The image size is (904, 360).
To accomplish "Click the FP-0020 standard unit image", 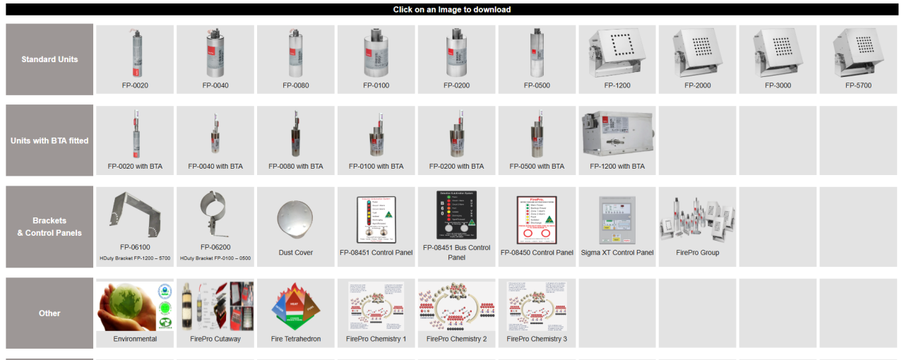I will [134, 53].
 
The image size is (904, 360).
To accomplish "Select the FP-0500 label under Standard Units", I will [537, 85].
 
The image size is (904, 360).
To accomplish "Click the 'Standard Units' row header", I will [49, 59].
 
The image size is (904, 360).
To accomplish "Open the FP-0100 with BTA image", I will [376, 134].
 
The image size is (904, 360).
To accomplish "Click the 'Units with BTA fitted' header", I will [49, 140].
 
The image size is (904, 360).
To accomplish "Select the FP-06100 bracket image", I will [134, 214].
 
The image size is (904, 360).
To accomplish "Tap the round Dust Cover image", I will [295, 220].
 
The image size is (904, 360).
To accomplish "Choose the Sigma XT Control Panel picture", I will [617, 219].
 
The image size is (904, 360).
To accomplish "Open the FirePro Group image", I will [697, 219].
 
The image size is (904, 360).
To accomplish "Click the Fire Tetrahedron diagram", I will [295, 306].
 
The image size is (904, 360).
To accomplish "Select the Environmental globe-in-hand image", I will [134, 306].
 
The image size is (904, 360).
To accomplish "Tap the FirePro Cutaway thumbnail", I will [215, 306].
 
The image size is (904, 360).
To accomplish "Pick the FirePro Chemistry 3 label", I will [537, 339].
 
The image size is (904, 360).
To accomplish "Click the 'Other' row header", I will [49, 313].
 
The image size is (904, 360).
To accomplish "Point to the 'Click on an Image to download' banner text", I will [452, 9].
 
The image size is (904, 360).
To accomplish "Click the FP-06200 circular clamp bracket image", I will [215, 214].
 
